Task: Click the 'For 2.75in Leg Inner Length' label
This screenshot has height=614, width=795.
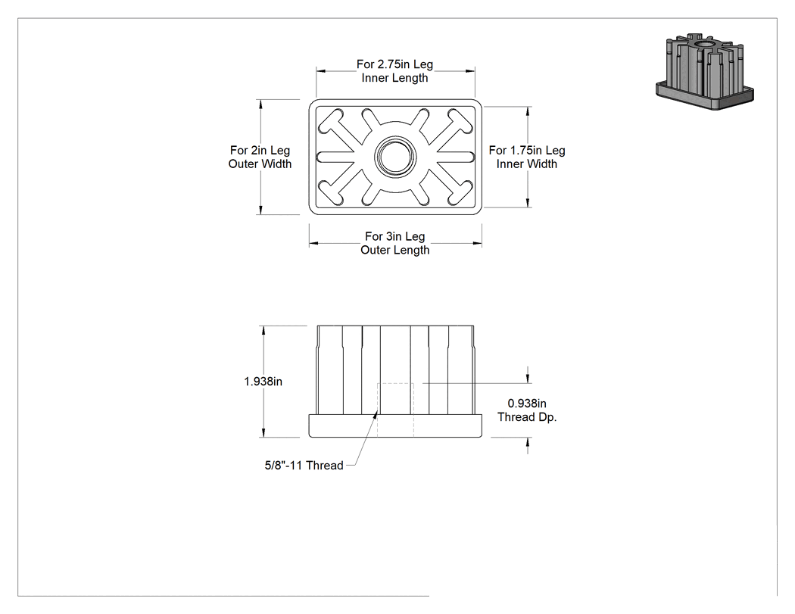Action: (x=394, y=71)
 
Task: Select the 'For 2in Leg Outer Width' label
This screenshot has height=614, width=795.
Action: (x=260, y=157)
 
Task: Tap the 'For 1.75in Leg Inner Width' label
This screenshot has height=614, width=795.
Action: (x=527, y=157)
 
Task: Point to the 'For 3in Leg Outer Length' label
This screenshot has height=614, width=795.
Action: (x=395, y=243)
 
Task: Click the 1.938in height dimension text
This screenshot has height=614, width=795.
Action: (x=263, y=382)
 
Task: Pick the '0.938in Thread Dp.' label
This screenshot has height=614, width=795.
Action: (x=527, y=410)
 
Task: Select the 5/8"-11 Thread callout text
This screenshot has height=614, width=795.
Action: (x=304, y=466)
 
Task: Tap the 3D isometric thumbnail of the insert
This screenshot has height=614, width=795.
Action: (x=705, y=71)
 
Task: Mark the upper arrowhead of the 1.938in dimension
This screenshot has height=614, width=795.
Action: (x=263, y=330)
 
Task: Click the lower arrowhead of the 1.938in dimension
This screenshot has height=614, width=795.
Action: (x=263, y=432)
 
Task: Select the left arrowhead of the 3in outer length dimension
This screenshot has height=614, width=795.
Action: (x=314, y=243)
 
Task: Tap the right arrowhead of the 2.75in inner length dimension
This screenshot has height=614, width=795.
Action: (x=470, y=71)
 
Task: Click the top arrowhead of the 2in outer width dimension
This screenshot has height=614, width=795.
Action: (x=260, y=104)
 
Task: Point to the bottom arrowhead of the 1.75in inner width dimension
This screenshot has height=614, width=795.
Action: (x=528, y=203)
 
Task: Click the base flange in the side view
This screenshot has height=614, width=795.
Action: (x=395, y=426)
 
